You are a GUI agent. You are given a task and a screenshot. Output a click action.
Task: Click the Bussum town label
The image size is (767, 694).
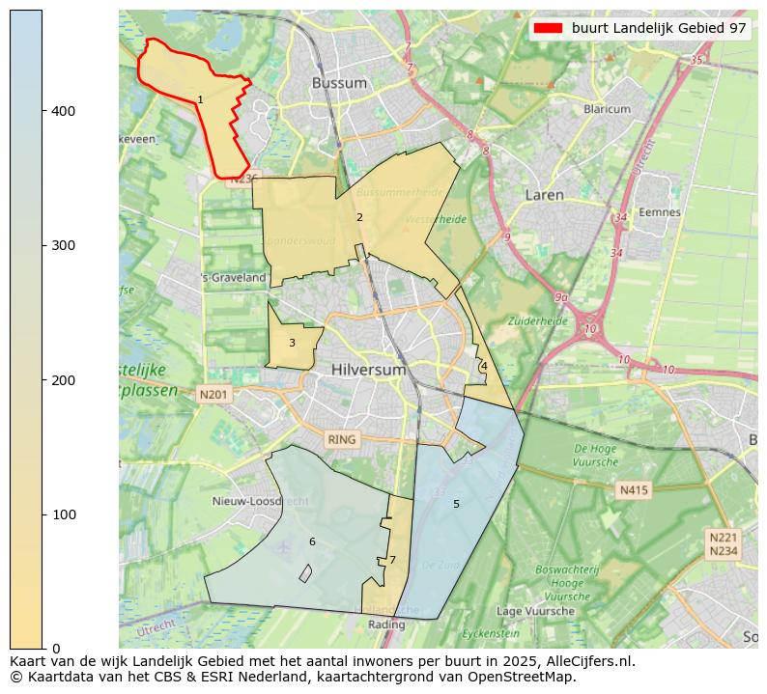pyautogui.click(x=339, y=83)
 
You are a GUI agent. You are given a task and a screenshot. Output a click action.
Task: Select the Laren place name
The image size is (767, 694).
pyautogui.click(x=544, y=195)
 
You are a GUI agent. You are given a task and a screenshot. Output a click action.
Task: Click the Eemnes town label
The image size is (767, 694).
pyautogui.click(x=660, y=212)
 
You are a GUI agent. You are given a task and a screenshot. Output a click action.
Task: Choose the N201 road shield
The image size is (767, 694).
pyautogui.click(x=213, y=394)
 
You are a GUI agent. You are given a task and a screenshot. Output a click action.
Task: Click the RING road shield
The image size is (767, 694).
pyautogui.click(x=341, y=439)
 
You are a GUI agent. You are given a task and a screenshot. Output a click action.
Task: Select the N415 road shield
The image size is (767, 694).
pyautogui.click(x=634, y=490)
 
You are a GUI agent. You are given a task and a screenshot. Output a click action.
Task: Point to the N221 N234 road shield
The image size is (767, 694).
pyautogui.click(x=723, y=543)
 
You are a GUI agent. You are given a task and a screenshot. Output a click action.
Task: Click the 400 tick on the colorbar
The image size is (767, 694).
pyautogui.click(x=64, y=111)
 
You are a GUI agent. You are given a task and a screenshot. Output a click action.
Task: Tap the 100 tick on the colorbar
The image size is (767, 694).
pyautogui.click(x=64, y=514)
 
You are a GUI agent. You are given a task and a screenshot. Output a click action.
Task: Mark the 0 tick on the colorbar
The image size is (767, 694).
pyautogui.click(x=56, y=648)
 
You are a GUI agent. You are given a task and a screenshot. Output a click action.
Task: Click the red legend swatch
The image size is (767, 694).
pyautogui.click(x=549, y=29)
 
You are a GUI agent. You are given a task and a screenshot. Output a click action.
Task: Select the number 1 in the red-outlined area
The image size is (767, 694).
pyautogui.click(x=200, y=100)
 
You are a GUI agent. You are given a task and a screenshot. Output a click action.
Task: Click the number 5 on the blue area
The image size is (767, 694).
pyautogui.click(x=456, y=504)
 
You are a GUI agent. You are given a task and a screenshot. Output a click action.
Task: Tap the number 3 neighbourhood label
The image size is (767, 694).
pyautogui.click(x=292, y=343)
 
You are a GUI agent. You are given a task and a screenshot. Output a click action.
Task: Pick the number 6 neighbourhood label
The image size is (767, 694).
pyautogui.click(x=312, y=541)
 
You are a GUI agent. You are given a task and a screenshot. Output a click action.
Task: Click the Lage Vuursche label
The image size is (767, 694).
pyautogui.click(x=535, y=611)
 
